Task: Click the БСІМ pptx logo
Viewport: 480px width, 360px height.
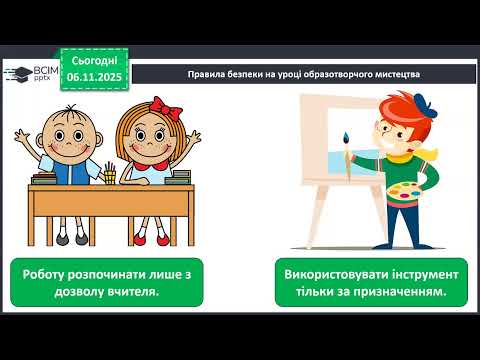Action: (30, 74)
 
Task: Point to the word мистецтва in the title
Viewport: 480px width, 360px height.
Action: (394, 76)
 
